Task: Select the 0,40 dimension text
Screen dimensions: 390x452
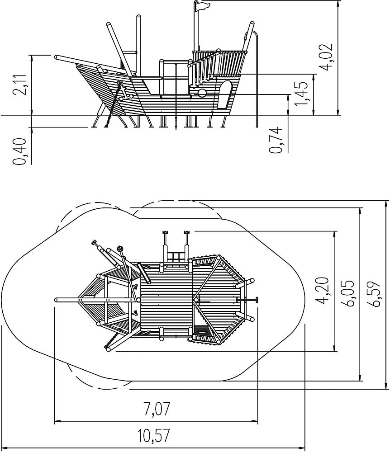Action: click(19, 151)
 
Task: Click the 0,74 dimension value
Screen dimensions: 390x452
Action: click(276, 140)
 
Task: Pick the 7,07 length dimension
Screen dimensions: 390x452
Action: click(157, 409)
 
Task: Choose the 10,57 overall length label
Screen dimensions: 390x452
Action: click(153, 435)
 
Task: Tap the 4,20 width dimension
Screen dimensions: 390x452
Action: click(322, 290)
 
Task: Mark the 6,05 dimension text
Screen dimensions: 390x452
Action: click(348, 293)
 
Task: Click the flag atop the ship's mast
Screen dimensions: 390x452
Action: click(202, 6)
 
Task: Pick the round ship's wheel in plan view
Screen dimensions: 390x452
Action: click(120, 249)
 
